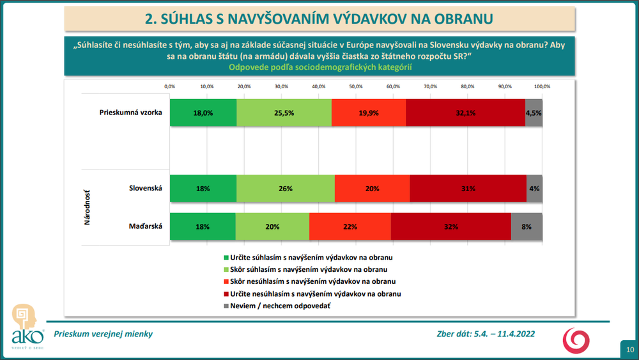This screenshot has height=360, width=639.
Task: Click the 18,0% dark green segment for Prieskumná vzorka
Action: (x=203, y=113)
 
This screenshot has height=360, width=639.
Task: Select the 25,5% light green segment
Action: (x=284, y=113)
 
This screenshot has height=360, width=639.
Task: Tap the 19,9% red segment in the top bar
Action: (x=369, y=113)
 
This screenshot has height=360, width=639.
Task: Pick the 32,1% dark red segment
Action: (x=465, y=113)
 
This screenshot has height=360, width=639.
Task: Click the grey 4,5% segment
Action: (x=534, y=113)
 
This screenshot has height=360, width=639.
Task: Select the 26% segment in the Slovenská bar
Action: (x=285, y=188)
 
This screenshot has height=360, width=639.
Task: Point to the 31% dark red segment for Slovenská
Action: (x=468, y=188)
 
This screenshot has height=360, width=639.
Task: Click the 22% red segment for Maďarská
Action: (x=350, y=226)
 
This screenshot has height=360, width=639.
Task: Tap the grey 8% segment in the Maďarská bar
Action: (x=527, y=226)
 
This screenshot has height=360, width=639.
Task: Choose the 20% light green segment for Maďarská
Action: (x=272, y=226)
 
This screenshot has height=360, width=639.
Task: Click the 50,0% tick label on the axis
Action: (x=356, y=86)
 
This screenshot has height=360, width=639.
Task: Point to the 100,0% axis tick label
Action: (x=542, y=86)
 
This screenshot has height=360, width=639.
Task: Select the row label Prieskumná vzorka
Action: (x=131, y=113)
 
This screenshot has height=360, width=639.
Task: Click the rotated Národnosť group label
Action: (x=88, y=207)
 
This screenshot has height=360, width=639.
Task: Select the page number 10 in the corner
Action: (x=629, y=349)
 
